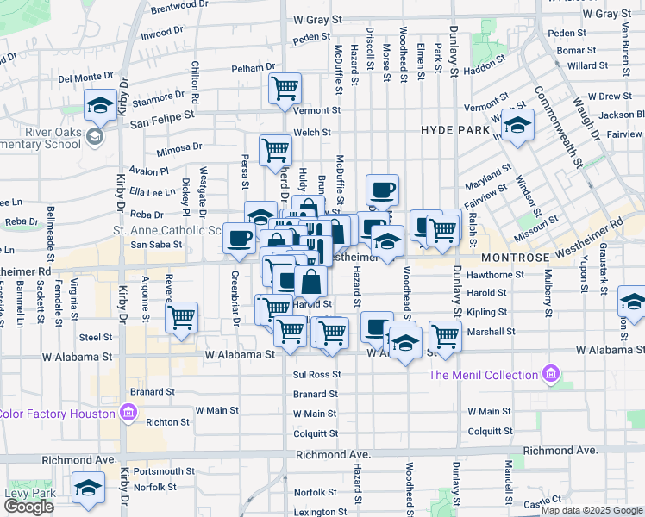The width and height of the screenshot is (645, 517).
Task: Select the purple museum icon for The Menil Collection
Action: click(x=549, y=375)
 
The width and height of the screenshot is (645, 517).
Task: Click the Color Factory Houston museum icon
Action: click(x=128, y=414)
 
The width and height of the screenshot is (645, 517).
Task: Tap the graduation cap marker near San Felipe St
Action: click(x=101, y=107)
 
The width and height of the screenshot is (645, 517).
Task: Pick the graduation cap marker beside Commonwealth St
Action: click(x=517, y=126)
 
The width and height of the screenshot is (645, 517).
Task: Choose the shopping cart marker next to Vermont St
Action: click(x=285, y=88)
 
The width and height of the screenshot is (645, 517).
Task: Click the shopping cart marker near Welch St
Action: click(x=275, y=150)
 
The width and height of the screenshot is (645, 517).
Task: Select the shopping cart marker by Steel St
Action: click(x=182, y=316)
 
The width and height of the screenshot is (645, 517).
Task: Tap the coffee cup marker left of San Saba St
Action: click(x=239, y=238)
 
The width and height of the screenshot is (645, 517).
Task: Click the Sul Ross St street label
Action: click(x=317, y=375)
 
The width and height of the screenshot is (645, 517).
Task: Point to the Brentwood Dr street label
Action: click(x=179, y=5)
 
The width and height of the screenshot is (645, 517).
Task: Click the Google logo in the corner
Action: click(x=28, y=507)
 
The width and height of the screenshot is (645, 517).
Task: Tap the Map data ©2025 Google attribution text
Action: click(x=591, y=510)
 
